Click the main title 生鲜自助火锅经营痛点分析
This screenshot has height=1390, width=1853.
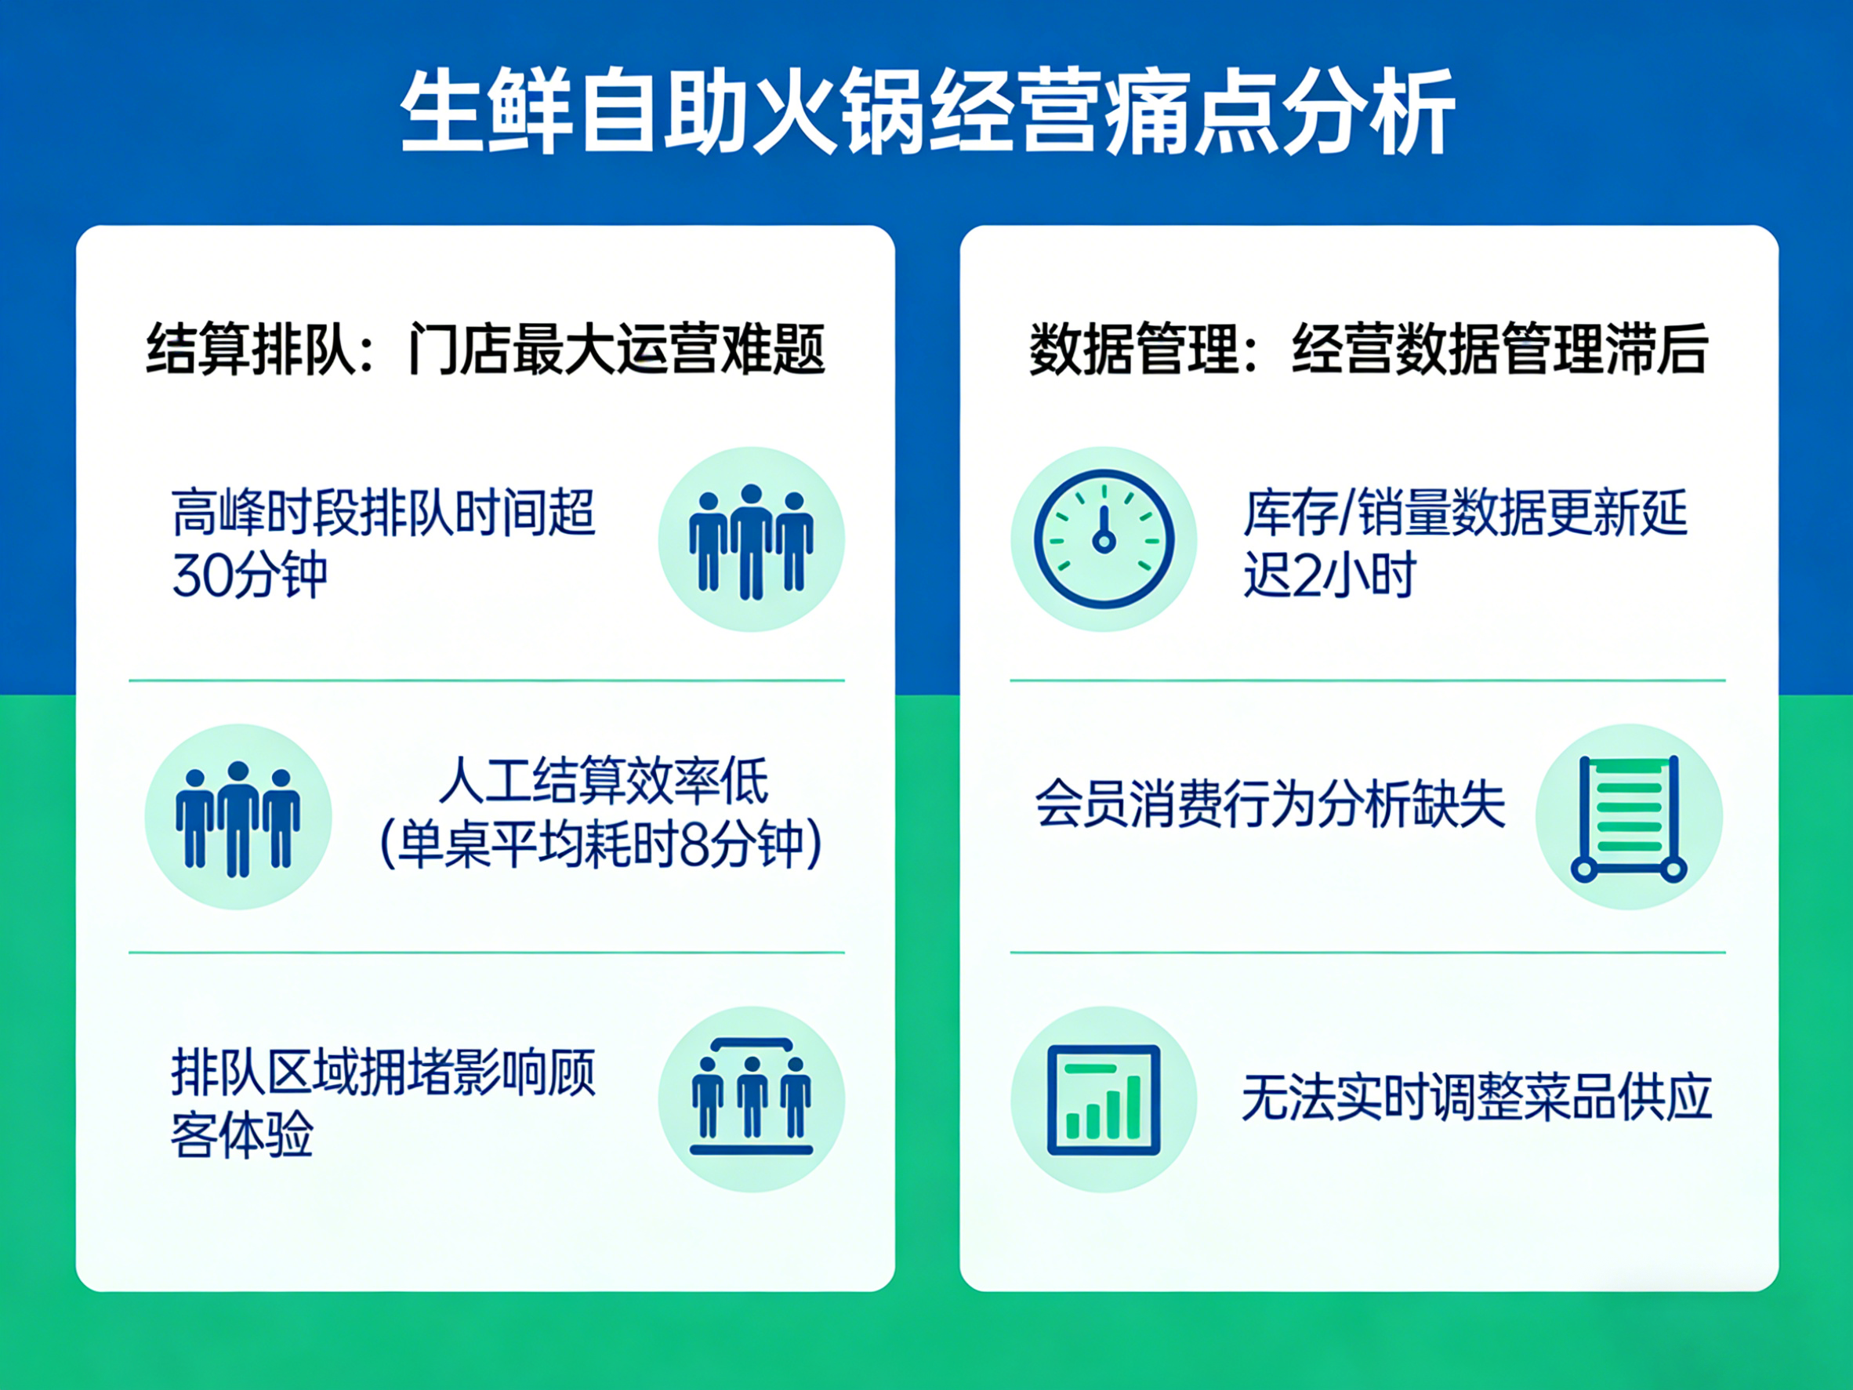[926, 111]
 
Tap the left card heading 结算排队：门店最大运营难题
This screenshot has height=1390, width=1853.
[486, 350]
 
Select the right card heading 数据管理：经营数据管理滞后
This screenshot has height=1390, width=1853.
[1368, 350]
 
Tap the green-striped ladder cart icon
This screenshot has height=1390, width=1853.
[1629, 817]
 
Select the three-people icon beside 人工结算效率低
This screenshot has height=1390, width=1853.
[238, 818]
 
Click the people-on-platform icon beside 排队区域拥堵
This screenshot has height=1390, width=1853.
[751, 1099]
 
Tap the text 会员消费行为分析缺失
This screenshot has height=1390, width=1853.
[1270, 804]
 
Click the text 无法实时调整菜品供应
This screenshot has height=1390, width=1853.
[1476, 1098]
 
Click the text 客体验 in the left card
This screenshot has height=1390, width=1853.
[242, 1135]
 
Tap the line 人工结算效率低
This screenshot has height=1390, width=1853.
[603, 781]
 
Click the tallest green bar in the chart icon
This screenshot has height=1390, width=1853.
[1133, 1107]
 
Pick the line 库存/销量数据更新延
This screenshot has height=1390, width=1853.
[1464, 513]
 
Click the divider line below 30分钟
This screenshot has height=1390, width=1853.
[486, 680]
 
